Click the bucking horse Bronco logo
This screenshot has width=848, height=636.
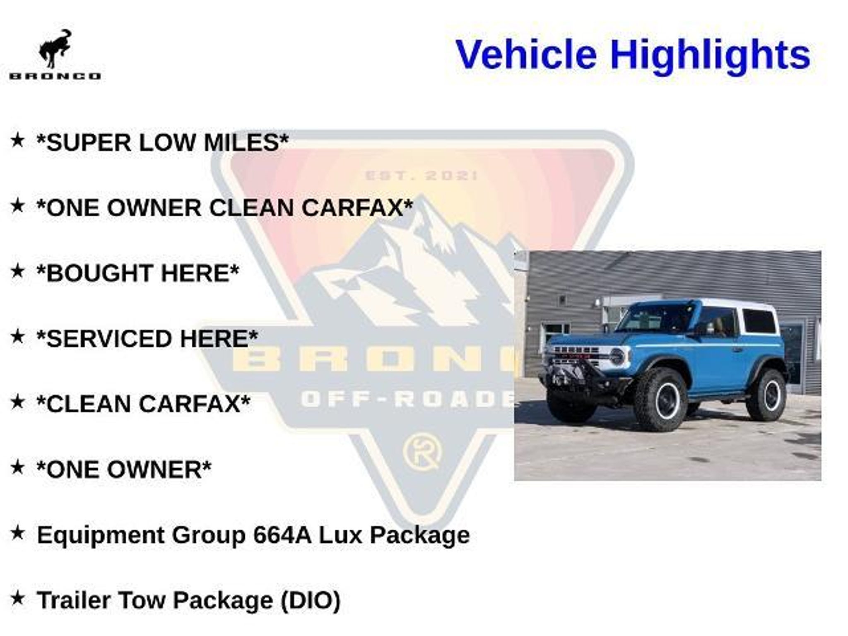click(x=55, y=54)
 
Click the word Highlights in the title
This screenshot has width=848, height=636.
click(x=710, y=55)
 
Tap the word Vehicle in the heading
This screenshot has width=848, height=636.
click(x=526, y=54)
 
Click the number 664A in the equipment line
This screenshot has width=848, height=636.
click(x=282, y=535)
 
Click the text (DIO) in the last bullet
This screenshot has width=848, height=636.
click(x=310, y=600)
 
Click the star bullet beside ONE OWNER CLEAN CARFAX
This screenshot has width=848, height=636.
click(x=17, y=205)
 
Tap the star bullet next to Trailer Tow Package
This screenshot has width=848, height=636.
click(x=17, y=597)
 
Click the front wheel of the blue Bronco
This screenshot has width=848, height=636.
click(x=660, y=399)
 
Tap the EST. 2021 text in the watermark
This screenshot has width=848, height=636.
click(x=421, y=176)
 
